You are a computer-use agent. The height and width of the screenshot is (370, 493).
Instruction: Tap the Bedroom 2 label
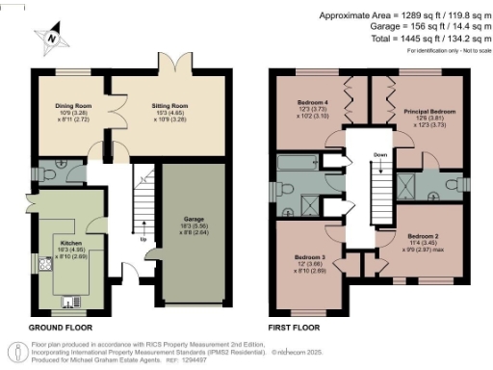click(x=422, y=235)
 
